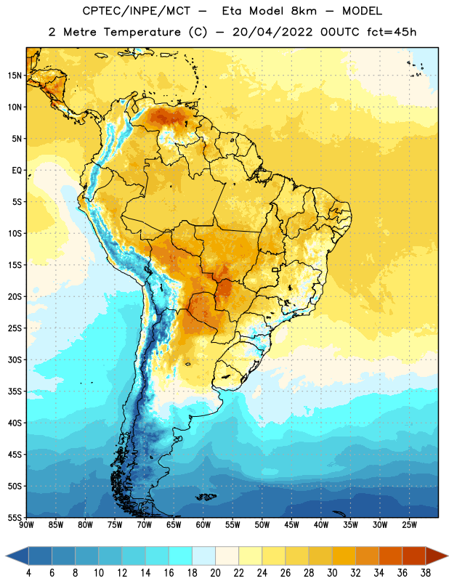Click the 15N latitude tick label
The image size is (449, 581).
pyautogui.click(x=15, y=76)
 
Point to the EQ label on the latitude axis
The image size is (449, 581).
pyautogui.click(x=17, y=171)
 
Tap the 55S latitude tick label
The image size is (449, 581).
pyautogui.click(x=15, y=517)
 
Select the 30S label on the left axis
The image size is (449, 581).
pyautogui.click(x=15, y=359)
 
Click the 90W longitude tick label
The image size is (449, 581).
pyautogui.click(x=27, y=525)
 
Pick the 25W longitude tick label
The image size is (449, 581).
pyautogui.click(x=410, y=525)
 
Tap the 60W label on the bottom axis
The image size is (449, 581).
pyautogui.click(x=203, y=525)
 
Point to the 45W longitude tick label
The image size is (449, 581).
pyautogui.click(x=292, y=525)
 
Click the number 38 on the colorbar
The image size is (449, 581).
pyautogui.click(x=426, y=573)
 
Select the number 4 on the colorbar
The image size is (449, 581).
pyautogui.click(x=28, y=573)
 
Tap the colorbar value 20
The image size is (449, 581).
pyautogui.click(x=215, y=573)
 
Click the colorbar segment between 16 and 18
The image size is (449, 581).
pyautogui.click(x=181, y=556)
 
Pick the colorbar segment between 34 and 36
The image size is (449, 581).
pyautogui.click(x=390, y=556)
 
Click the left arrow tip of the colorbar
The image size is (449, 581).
pyautogui.click(x=6, y=556)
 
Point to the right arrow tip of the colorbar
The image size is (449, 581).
pyautogui.click(x=448, y=556)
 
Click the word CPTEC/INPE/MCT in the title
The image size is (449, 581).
pyautogui.click(x=137, y=11)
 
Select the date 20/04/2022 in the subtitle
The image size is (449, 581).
pyautogui.click(x=272, y=32)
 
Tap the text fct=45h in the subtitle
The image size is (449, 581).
pyautogui.click(x=392, y=32)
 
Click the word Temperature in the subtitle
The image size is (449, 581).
pyautogui.click(x=142, y=32)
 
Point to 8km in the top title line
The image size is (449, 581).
pyautogui.click(x=304, y=11)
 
